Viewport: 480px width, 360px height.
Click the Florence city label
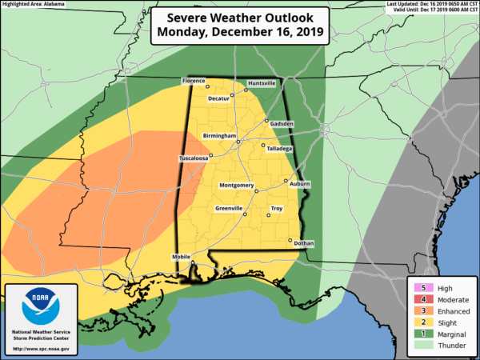point(194,82)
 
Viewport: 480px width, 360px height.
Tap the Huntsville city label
point(261,83)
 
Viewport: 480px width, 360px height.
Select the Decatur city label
point(218,98)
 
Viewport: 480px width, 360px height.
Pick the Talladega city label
point(278,149)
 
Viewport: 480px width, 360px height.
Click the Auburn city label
point(299,184)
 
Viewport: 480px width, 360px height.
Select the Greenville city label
point(229,208)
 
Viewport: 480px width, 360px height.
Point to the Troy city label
point(276,209)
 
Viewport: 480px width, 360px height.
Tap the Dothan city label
point(303,242)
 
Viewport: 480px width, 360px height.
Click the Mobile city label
point(182,257)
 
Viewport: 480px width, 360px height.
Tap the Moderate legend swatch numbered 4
point(420,299)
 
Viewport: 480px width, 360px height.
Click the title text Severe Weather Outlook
point(239,18)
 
